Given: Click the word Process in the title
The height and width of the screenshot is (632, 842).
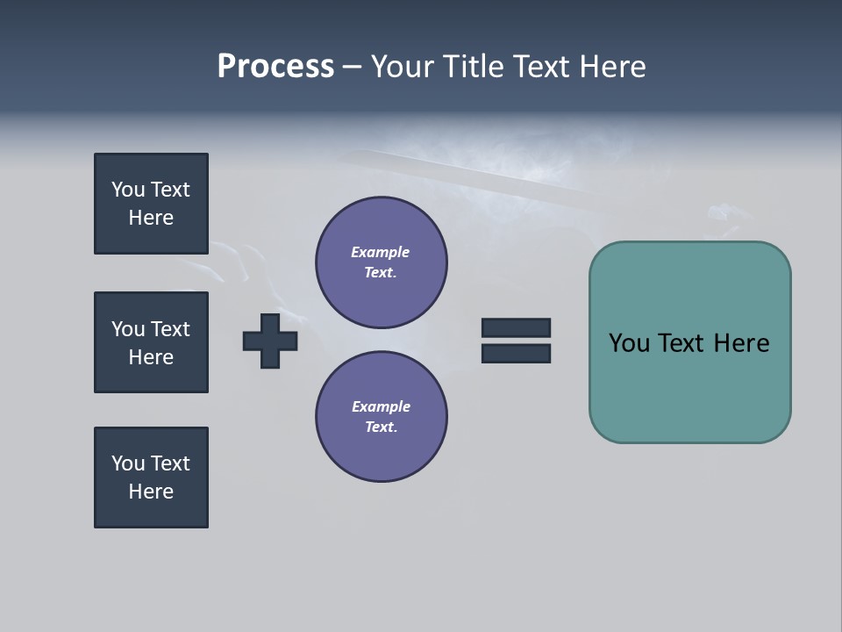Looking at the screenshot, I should coord(275,67).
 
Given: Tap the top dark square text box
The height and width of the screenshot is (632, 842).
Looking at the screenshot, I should coord(151,204).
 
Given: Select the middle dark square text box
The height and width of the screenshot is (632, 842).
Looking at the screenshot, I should coord(151,342).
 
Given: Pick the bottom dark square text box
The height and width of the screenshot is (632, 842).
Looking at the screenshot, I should coord(151,478).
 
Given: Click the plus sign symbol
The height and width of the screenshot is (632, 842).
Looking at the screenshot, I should coord(270,341).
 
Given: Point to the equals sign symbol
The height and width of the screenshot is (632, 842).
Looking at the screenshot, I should coord(516,341).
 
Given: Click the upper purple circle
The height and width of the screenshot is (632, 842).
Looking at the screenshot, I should coord(382,262).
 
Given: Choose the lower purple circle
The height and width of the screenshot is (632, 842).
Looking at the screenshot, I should coord(382,417).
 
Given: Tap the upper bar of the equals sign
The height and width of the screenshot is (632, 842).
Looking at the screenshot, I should coord(516,328).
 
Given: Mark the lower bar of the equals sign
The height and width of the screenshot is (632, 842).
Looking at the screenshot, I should coord(516,353).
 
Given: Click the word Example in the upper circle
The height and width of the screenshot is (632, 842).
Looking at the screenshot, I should coord(381,253).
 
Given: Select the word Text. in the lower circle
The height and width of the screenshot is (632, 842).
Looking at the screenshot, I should coord(381,427).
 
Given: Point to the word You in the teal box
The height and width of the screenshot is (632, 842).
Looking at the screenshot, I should coord(629,343).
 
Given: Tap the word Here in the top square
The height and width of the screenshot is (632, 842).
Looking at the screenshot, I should coord(151,218).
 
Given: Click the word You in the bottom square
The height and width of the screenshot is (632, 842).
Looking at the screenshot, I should coord(127,463).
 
